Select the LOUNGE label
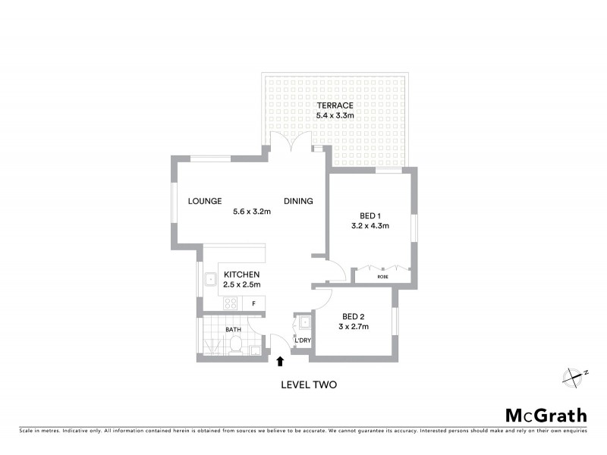coord(206,201)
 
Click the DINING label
coord(298,201)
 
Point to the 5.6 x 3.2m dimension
coord(252,212)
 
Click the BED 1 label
coord(370,215)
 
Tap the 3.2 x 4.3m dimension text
coord(370,225)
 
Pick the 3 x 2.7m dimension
coord(354,327)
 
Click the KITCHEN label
coord(242,274)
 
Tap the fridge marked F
coord(253,303)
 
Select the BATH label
coord(234,330)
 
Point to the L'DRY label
coord(303,340)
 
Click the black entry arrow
coord(281,362)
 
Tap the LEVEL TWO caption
coord(308,384)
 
